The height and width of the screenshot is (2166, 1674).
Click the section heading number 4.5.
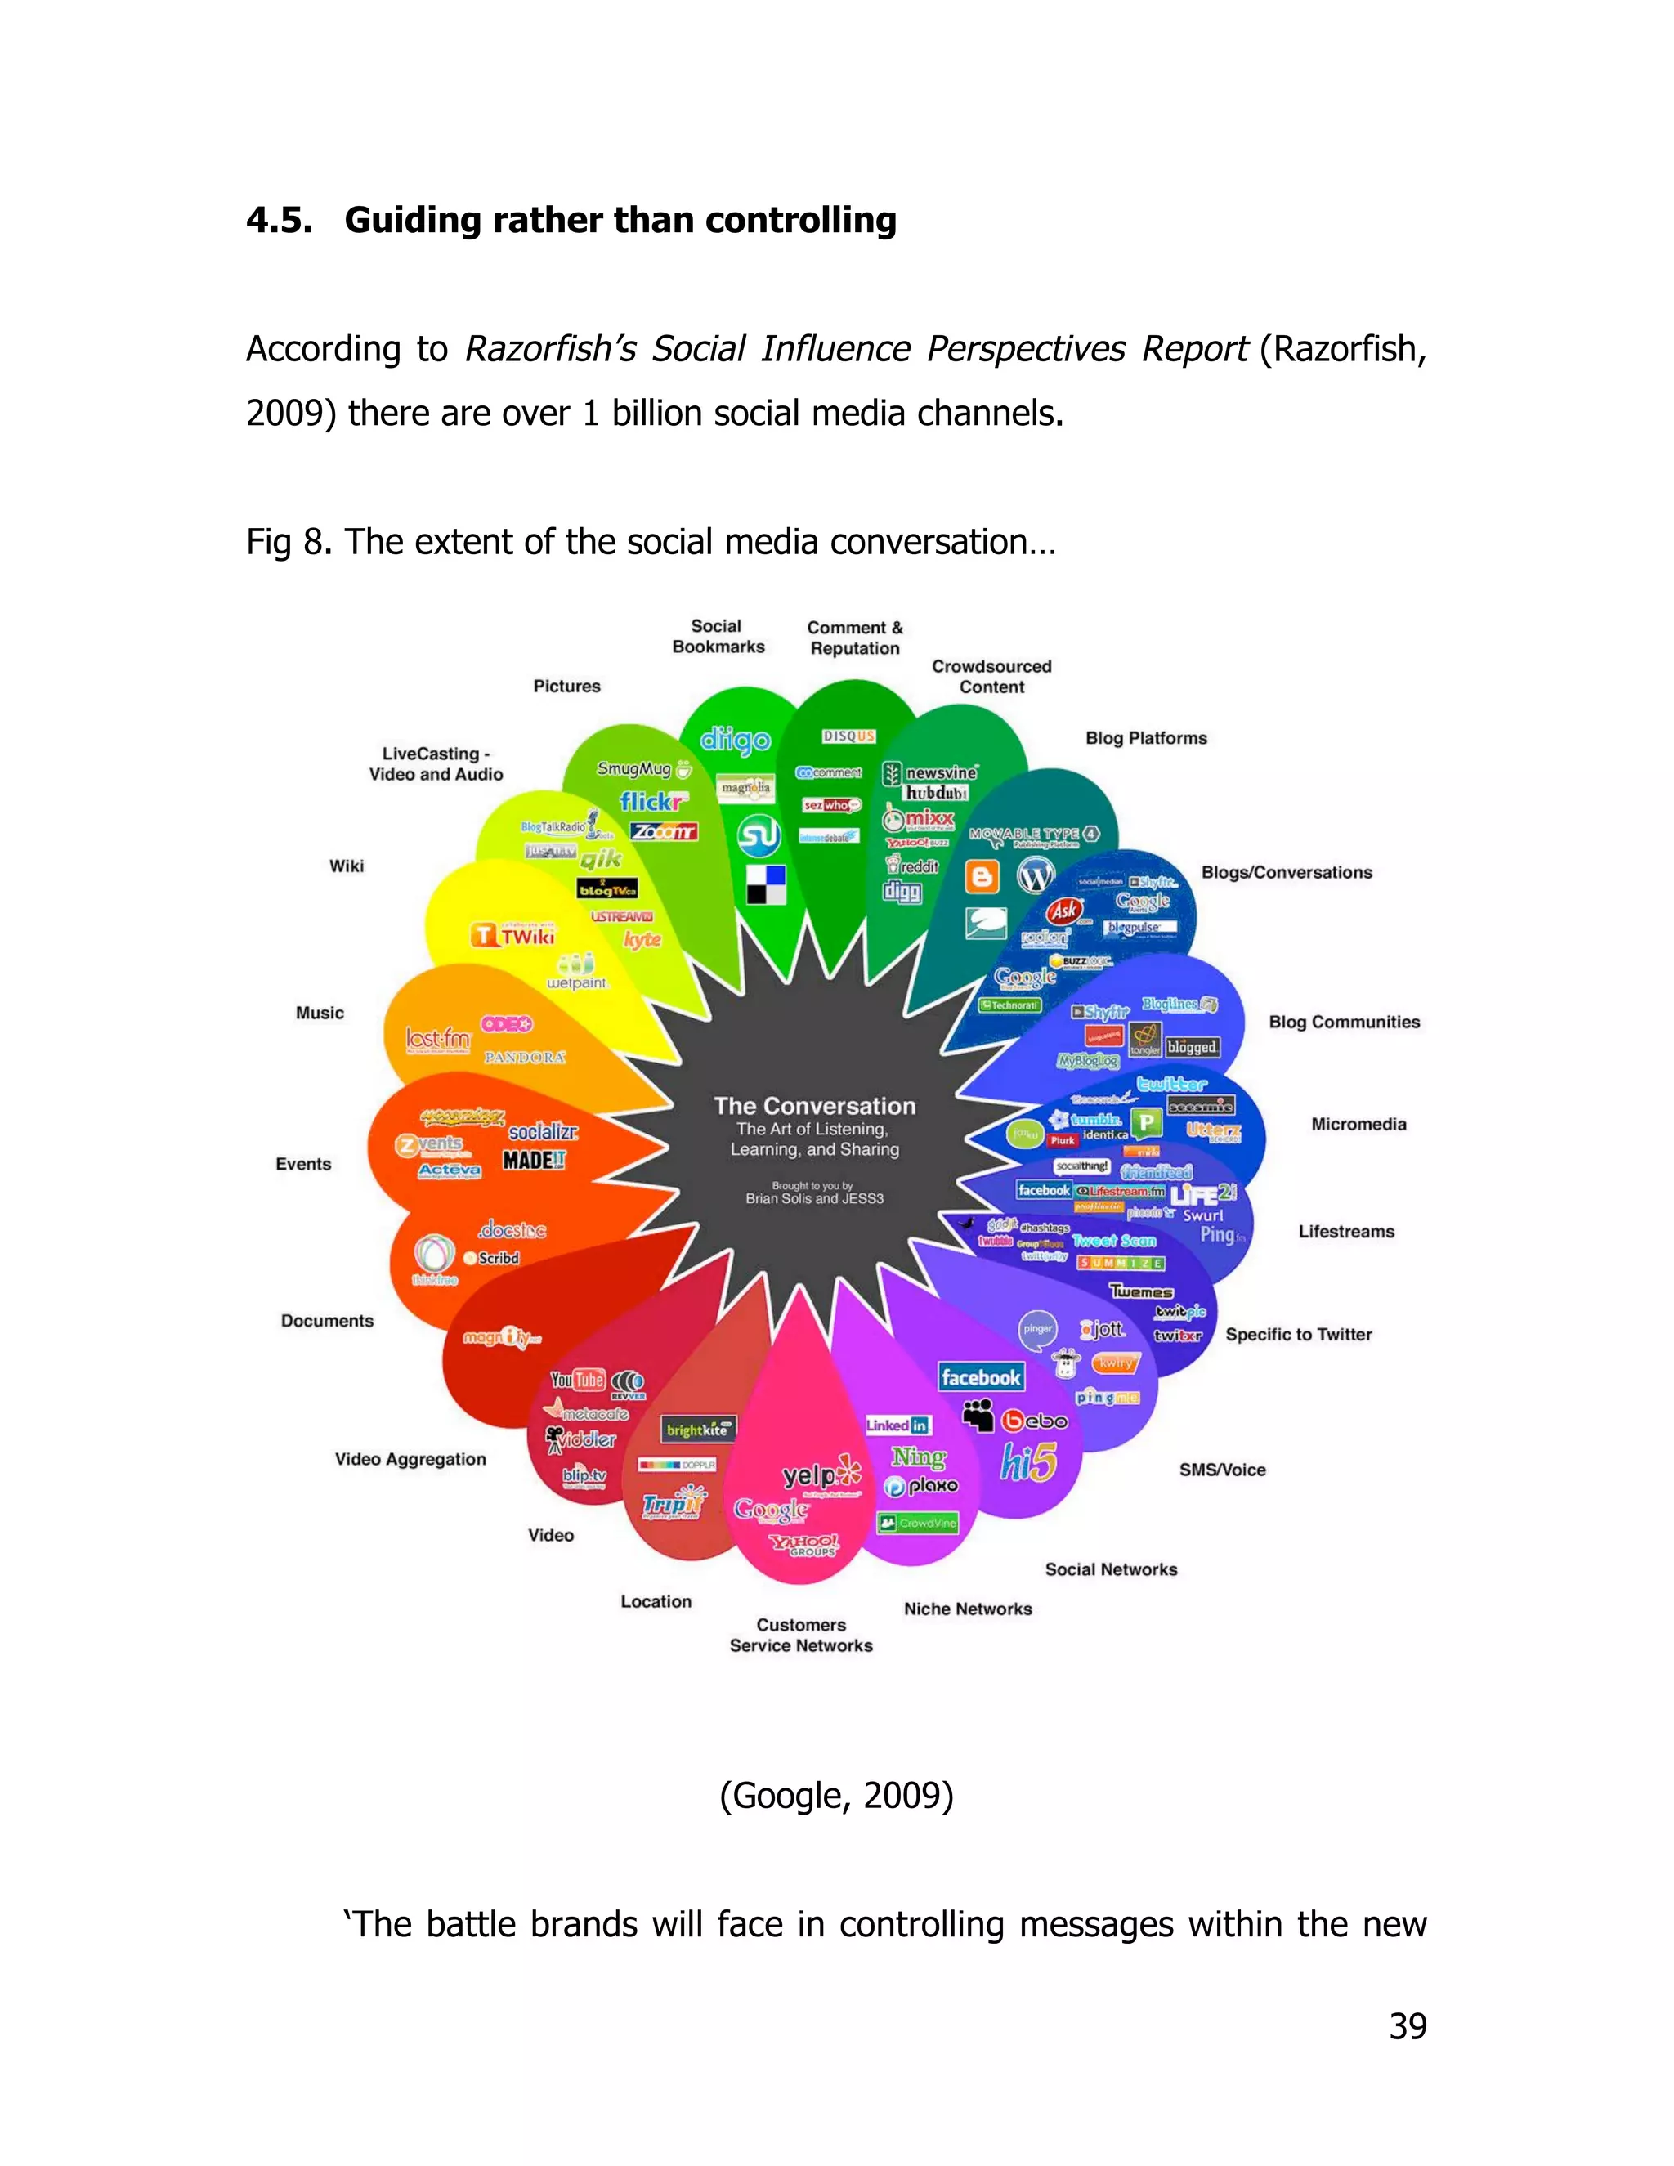tap(279, 220)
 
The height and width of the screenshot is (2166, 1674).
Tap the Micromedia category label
tap(1358, 1124)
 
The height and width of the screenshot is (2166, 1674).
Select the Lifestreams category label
tap(1345, 1231)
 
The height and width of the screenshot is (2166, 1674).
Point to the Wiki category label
tap(346, 866)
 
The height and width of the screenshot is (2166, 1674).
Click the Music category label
tap(320, 1013)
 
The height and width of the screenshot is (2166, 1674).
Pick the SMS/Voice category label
tap(1222, 1470)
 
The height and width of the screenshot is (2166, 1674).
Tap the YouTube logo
tap(577, 1380)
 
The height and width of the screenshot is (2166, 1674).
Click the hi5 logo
tap(1028, 1462)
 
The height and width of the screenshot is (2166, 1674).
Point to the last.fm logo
tap(437, 1038)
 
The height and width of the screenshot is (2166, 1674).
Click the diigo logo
tap(735, 740)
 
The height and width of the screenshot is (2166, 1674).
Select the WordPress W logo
tap(1036, 875)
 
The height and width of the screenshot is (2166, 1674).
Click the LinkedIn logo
tap(897, 1425)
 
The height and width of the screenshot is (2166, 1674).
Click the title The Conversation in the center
tap(814, 1106)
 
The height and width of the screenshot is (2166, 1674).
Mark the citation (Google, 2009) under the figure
tap(836, 1795)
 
